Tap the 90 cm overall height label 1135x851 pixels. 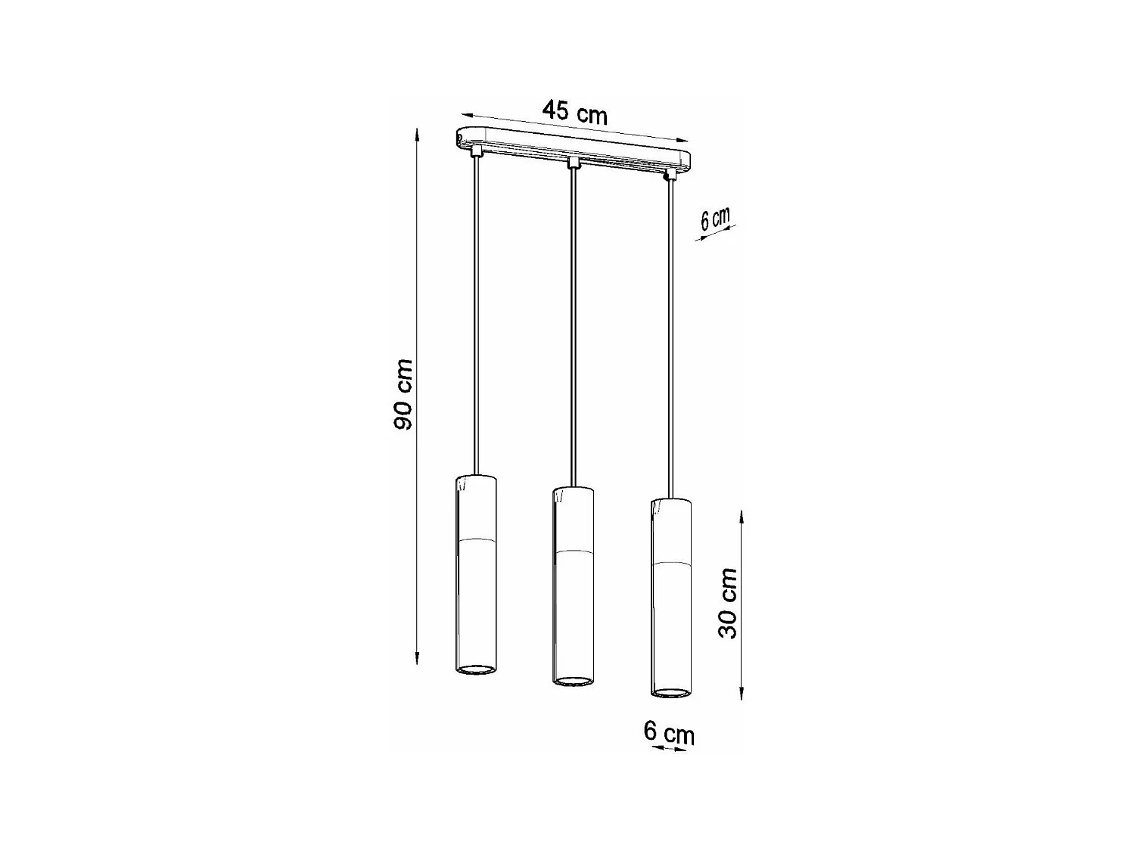(x=403, y=395)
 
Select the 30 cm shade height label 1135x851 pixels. (x=727, y=602)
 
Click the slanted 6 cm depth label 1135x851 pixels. (x=714, y=219)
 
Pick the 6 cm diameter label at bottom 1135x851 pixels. (x=668, y=732)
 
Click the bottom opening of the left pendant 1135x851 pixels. (x=476, y=669)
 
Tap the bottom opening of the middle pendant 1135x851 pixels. (x=574, y=681)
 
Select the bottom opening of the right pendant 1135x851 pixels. (x=670, y=691)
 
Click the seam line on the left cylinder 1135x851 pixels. (x=476, y=540)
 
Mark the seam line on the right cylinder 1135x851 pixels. (x=670, y=564)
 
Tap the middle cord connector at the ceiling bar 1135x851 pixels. (x=574, y=163)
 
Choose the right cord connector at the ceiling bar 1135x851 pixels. (x=669, y=175)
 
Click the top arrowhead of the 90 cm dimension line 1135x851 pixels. (x=417, y=135)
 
